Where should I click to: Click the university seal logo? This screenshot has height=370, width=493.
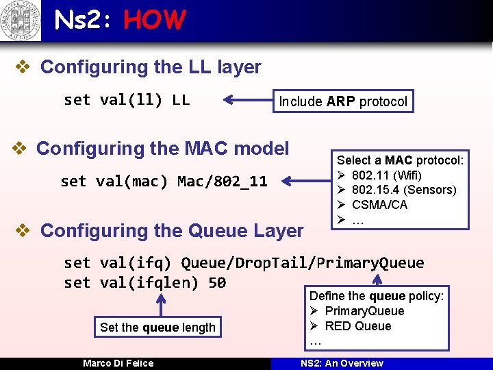21,21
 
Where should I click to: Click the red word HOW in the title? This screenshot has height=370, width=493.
154,21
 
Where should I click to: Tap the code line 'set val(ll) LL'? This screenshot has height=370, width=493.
127,100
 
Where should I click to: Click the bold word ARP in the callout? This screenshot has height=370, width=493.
340,102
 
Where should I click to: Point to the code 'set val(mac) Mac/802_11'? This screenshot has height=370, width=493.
164,182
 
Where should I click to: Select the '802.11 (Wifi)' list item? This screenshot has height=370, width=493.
386,175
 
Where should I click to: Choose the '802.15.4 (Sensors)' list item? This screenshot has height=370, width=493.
403,190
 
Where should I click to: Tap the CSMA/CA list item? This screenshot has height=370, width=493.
379,205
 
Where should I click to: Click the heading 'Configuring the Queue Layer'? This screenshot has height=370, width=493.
172,231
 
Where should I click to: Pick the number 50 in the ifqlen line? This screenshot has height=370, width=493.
216,282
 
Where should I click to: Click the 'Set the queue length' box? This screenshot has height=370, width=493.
157,328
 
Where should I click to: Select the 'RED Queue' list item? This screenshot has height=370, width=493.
357,326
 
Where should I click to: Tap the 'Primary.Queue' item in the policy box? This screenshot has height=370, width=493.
364,311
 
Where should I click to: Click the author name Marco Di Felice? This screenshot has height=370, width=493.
118,363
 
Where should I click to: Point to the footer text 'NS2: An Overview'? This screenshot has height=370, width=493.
342,363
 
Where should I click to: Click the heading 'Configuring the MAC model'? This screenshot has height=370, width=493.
162,148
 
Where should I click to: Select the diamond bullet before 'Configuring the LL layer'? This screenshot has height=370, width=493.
23,67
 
